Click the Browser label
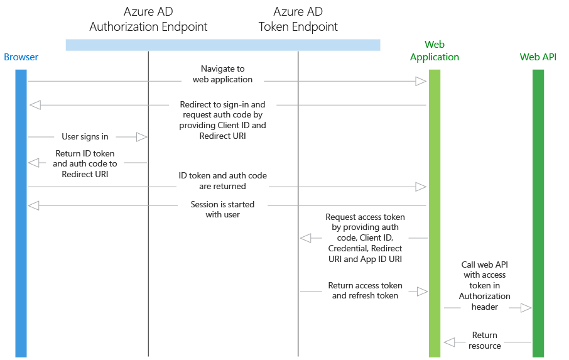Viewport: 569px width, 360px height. pyautogui.click(x=21, y=57)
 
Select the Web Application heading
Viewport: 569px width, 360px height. pyautogui.click(x=435, y=51)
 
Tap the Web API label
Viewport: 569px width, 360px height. pyautogui.click(x=538, y=57)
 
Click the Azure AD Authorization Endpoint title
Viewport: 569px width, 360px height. pyautogui.click(x=148, y=19)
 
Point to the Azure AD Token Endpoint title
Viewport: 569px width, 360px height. pyautogui.click(x=298, y=19)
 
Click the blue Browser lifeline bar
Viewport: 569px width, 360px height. pyautogui.click(x=21, y=214)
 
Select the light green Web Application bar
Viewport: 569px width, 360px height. pyautogui.click(x=435, y=214)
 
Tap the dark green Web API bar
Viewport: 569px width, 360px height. pyautogui.click(x=538, y=214)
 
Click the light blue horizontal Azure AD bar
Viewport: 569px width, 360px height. pyautogui.click(x=223, y=45)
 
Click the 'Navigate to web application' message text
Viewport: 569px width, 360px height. pyautogui.click(x=223, y=74)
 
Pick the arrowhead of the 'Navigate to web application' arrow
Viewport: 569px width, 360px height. pyautogui.click(x=421, y=81)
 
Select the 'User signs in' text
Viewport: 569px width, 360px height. pyautogui.click(x=85, y=136)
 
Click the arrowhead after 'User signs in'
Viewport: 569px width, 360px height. pyautogui.click(x=141, y=137)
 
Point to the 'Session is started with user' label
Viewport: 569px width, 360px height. pyautogui.click(x=223, y=209)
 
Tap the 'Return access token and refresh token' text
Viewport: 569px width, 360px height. pyautogui.click(x=365, y=290)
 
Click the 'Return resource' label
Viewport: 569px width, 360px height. pyautogui.click(x=485, y=341)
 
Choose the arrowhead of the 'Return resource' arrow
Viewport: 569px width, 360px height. pyautogui.click(x=450, y=342)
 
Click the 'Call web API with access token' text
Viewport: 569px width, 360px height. pyautogui.click(x=485, y=285)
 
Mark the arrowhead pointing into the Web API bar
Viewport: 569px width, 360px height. pyautogui.click(x=526, y=308)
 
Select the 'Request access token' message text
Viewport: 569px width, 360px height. pyautogui.click(x=365, y=237)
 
